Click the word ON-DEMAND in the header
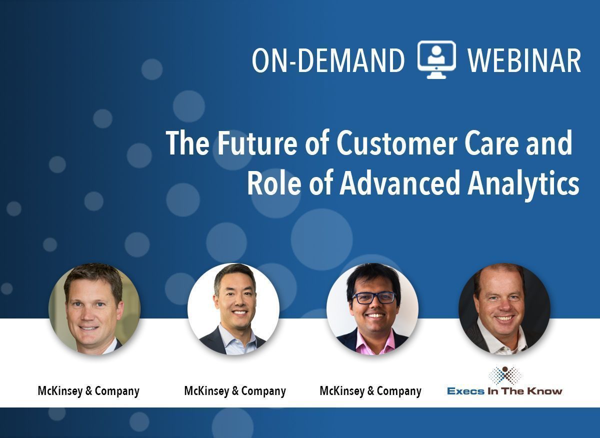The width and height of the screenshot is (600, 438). tap(328, 60)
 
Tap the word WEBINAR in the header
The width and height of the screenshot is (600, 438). tap(524, 60)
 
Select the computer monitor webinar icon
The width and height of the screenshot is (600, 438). tap(436, 59)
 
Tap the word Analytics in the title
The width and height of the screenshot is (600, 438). tap(523, 184)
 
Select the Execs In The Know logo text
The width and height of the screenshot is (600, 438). tap(504, 391)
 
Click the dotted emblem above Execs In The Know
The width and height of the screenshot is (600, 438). tap(505, 375)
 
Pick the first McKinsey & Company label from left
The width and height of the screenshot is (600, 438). tap(88, 391)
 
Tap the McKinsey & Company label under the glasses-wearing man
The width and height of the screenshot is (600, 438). tap(370, 391)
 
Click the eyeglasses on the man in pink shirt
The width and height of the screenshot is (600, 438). tap(374, 297)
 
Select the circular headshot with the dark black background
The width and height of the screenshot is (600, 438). tap(504, 309)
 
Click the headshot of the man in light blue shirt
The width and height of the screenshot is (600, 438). tap(233, 309)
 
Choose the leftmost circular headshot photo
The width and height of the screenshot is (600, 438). tap(94, 309)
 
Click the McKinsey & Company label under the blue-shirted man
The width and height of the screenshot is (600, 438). tap(235, 391)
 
